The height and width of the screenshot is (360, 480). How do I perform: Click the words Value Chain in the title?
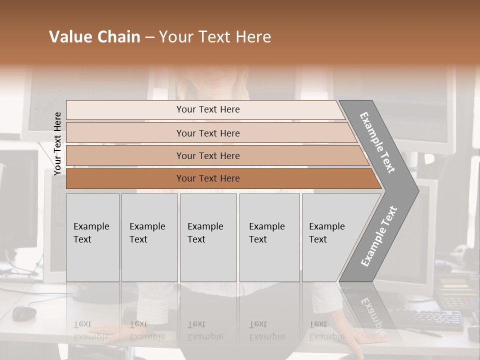[x=94, y=37]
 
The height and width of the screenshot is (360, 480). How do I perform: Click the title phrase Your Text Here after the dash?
[x=215, y=37]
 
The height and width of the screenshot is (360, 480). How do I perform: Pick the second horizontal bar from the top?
[x=208, y=133]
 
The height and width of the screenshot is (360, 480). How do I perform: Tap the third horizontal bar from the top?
[x=208, y=155]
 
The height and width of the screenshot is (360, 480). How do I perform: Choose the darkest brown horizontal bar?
[x=208, y=178]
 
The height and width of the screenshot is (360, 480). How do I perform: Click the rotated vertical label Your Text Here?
[x=57, y=143]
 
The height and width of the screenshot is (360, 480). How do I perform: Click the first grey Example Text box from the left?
[x=92, y=237]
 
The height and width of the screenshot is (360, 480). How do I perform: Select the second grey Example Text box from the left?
[x=149, y=237]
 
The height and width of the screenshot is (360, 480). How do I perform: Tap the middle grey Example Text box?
[x=208, y=237]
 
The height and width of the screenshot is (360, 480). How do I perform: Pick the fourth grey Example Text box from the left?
[x=269, y=237]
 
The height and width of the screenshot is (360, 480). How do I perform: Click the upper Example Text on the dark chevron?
[x=378, y=142]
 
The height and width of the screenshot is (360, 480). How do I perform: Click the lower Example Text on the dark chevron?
[x=379, y=236]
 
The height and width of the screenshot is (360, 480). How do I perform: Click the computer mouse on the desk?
[x=24, y=313]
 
